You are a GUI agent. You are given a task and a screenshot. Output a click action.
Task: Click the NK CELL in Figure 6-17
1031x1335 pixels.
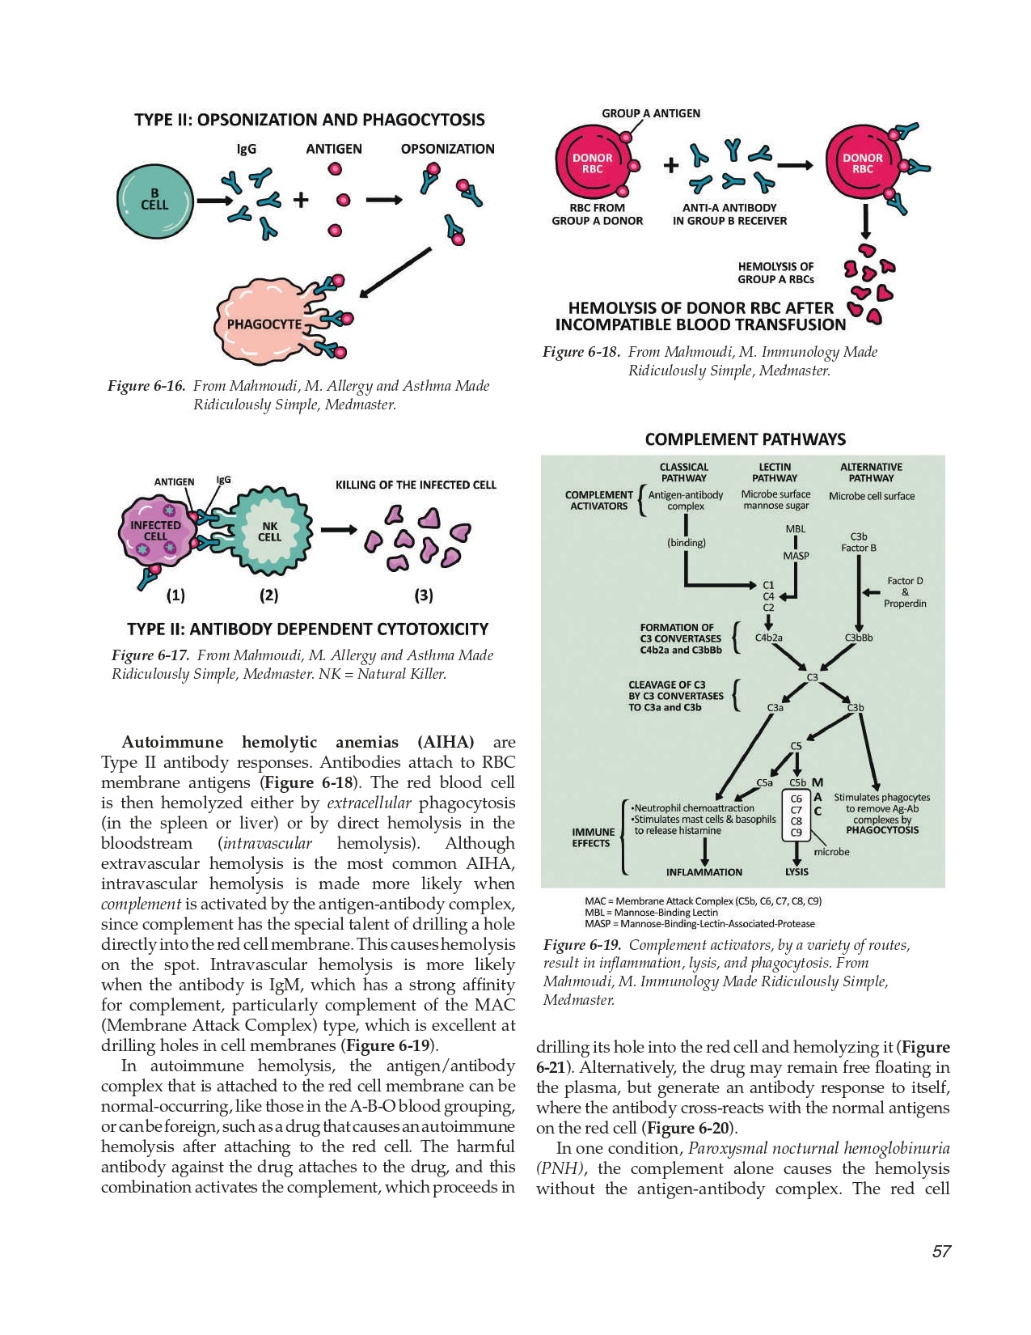click(269, 532)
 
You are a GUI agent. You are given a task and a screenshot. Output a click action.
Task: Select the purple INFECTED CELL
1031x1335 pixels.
click(155, 532)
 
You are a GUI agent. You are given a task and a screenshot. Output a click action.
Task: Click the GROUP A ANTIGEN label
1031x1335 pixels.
click(651, 113)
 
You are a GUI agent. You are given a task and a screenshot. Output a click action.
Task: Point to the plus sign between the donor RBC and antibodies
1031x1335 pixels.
click(670, 166)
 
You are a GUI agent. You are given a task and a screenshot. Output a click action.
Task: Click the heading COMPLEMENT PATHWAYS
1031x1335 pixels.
click(745, 439)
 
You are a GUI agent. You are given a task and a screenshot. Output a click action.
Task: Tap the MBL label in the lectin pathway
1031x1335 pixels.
click(795, 529)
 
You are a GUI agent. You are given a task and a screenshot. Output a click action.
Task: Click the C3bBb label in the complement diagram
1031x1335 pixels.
click(858, 638)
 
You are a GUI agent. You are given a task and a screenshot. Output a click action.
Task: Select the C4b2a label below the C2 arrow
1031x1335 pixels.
click(768, 638)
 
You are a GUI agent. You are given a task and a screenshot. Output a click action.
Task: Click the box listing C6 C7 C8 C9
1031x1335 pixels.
click(796, 816)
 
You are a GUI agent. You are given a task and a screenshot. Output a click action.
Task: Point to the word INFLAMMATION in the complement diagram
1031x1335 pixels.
click(704, 872)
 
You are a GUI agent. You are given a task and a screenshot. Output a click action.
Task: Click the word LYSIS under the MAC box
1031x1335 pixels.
click(796, 872)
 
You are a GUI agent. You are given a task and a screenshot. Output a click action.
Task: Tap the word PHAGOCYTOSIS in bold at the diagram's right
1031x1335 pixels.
click(881, 830)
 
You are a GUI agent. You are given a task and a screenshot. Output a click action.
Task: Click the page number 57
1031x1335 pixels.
click(941, 1252)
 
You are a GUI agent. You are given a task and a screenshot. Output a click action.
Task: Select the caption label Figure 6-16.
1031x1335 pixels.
click(146, 386)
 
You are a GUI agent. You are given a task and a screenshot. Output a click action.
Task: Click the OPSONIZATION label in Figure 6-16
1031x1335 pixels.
click(447, 149)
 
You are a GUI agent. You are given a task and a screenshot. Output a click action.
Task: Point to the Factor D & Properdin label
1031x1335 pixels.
click(904, 592)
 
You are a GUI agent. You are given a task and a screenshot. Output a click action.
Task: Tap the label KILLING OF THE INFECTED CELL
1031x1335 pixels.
click(416, 485)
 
